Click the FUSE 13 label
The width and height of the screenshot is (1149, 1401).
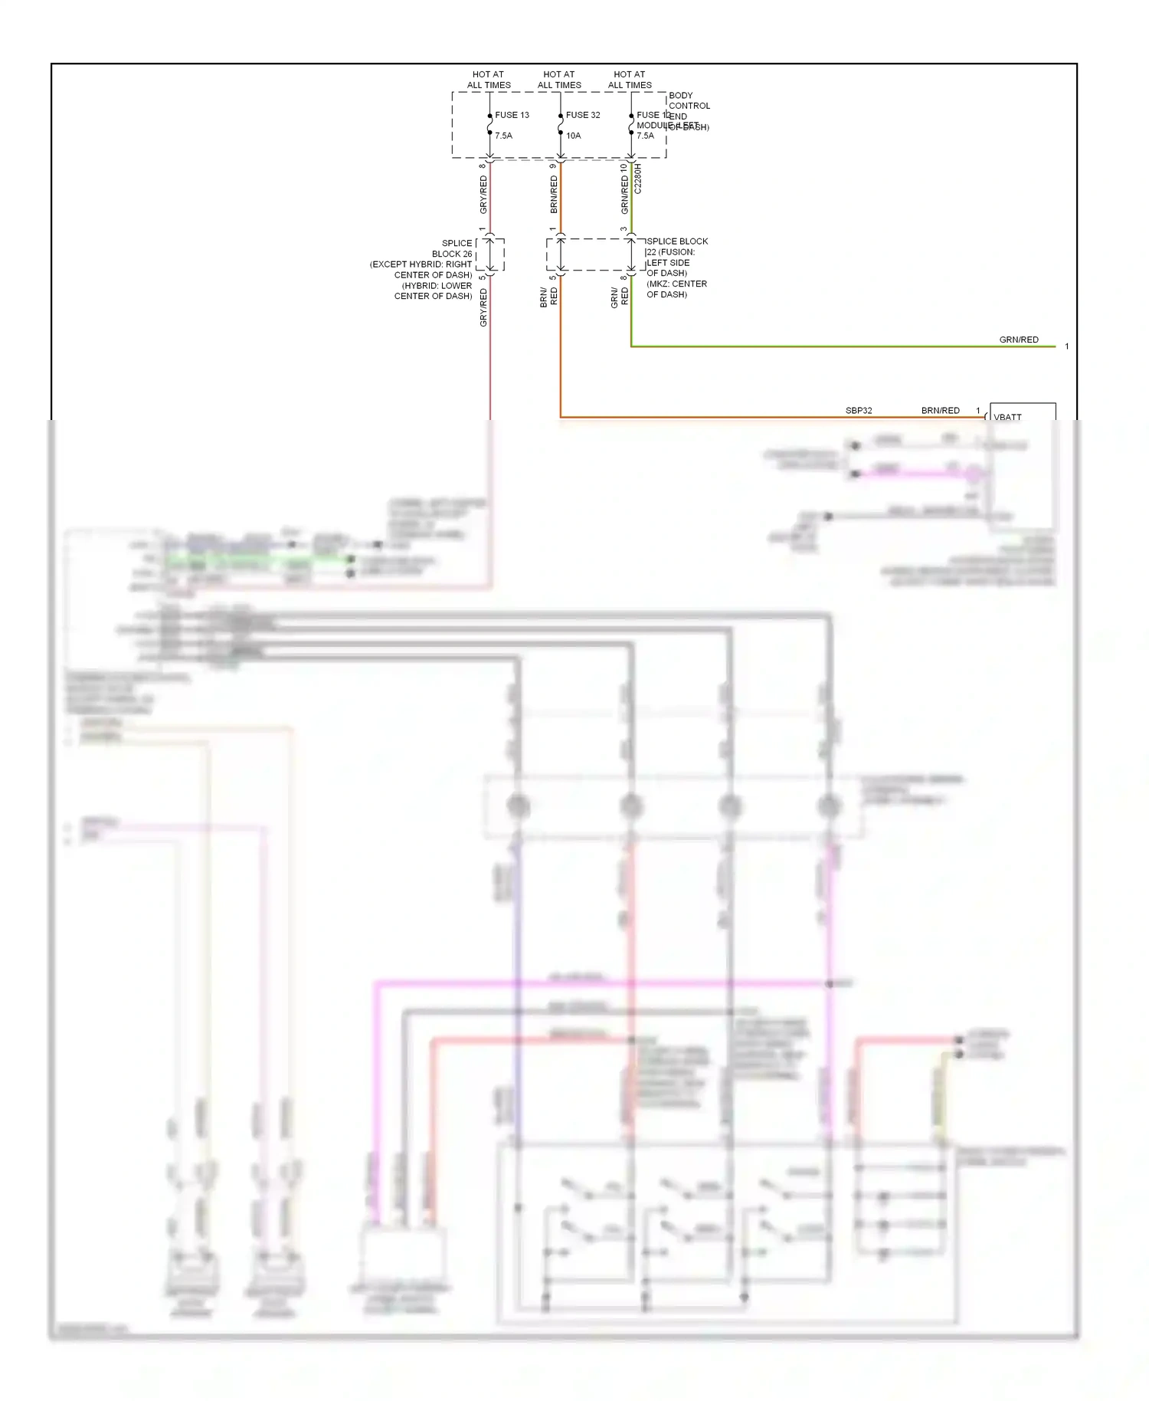[512, 115]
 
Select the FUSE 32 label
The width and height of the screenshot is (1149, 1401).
[582, 115]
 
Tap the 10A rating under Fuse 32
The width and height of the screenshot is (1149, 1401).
[573, 136]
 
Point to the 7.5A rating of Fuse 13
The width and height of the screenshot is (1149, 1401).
[503, 136]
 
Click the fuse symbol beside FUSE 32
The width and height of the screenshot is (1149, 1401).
[561, 123]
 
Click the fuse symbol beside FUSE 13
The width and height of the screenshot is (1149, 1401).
[490, 123]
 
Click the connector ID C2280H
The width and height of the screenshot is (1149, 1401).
[638, 178]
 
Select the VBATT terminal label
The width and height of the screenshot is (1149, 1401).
[1007, 417]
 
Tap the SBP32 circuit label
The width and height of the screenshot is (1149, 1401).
[859, 411]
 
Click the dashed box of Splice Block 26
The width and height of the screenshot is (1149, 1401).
[490, 254]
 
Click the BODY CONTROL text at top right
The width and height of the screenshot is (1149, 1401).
[689, 100]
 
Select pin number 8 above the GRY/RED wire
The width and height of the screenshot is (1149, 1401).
[482, 166]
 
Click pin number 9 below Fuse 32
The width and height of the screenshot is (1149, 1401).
[552, 166]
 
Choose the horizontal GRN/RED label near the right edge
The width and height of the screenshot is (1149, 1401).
[1019, 340]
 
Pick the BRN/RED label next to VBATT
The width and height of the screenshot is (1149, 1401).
[940, 411]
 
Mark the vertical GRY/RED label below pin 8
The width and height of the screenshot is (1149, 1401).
[483, 195]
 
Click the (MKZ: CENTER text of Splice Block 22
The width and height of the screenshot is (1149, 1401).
[676, 284]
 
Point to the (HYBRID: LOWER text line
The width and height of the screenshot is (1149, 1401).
[437, 286]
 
